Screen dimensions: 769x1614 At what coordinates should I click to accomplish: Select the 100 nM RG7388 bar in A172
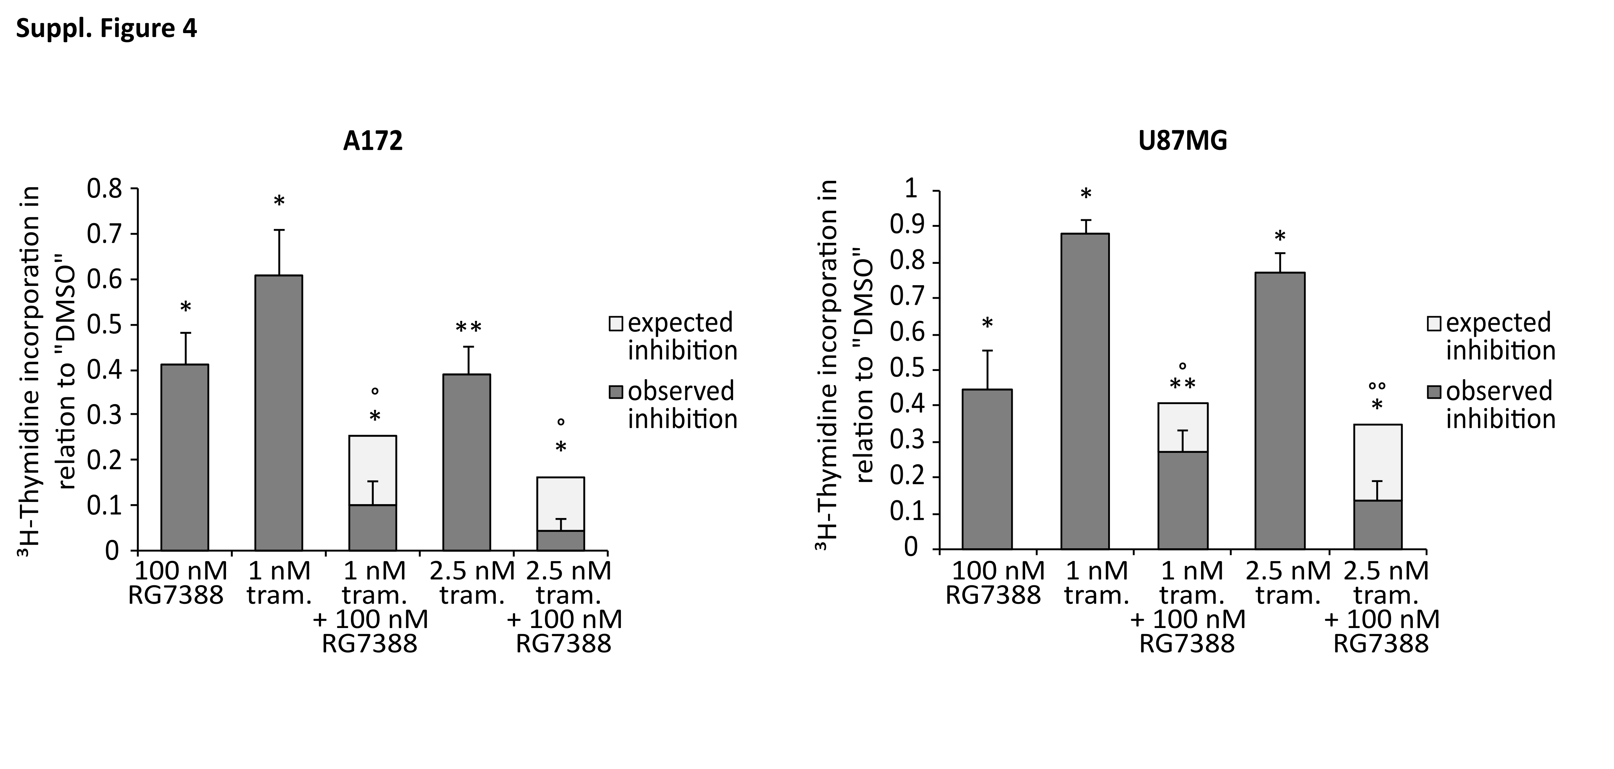[x=185, y=457]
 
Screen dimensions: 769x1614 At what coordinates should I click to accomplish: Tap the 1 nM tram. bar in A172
[x=279, y=414]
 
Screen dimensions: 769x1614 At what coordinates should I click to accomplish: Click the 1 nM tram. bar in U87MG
[x=1085, y=392]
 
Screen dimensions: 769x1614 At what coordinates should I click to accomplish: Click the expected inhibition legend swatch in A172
[x=616, y=323]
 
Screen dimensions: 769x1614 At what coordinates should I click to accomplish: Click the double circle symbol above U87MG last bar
[x=1377, y=386]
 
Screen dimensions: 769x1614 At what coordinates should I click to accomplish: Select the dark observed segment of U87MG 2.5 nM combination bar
[x=1377, y=525]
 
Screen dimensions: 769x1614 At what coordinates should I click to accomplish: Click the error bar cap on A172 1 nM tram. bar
[x=279, y=230]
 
